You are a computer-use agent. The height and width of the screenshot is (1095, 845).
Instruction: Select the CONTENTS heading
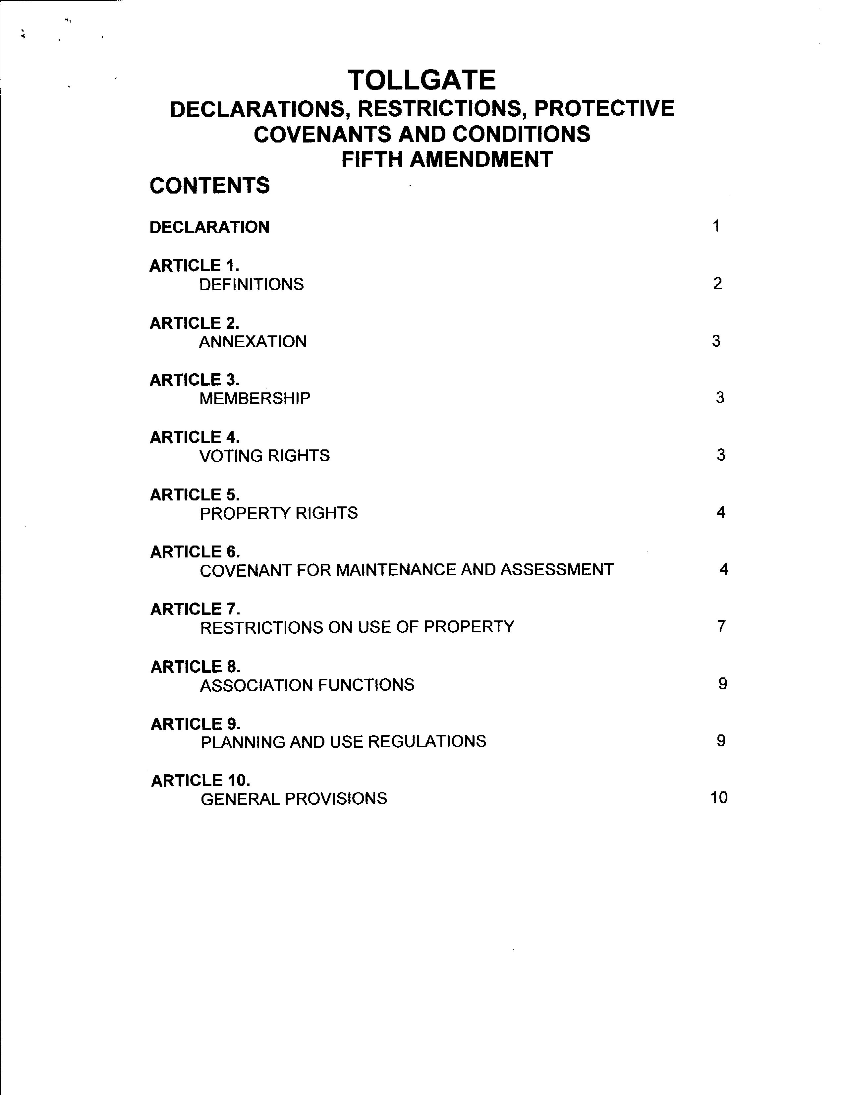(x=209, y=186)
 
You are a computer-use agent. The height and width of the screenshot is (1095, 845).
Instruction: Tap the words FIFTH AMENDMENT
(x=447, y=159)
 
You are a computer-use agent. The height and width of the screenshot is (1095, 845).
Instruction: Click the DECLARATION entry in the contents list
(x=209, y=227)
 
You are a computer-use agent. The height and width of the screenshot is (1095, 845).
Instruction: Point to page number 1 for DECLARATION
(x=716, y=226)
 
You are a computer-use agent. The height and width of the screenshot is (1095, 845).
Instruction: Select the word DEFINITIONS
(x=252, y=284)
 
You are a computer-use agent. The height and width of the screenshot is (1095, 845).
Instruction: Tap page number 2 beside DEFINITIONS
(x=717, y=284)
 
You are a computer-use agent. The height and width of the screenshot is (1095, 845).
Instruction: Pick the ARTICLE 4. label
(x=195, y=437)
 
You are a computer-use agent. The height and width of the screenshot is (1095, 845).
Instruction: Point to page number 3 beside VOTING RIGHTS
(x=721, y=455)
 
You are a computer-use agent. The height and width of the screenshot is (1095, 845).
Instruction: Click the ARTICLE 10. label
(x=200, y=780)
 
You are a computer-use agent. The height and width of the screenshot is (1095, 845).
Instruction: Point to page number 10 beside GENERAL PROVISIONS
(x=719, y=798)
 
